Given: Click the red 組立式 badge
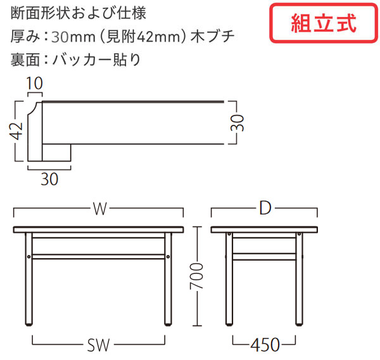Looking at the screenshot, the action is (x=324, y=23).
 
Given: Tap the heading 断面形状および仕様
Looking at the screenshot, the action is (x=79, y=13).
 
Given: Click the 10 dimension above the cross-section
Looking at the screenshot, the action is (x=35, y=84).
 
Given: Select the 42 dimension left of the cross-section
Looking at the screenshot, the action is (x=16, y=131).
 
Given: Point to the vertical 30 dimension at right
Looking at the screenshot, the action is (x=237, y=123).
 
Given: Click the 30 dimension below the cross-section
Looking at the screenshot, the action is (x=49, y=179).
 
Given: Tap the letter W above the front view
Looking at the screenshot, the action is (x=100, y=209).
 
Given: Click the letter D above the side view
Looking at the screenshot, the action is (x=265, y=208).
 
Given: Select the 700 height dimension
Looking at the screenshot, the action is (x=196, y=276).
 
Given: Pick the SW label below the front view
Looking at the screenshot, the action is (x=98, y=345).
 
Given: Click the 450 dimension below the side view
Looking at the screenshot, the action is (x=265, y=345).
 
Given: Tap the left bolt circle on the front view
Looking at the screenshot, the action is (x=29, y=256).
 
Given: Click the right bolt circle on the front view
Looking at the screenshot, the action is (x=168, y=256).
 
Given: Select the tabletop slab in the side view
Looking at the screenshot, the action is (x=264, y=230).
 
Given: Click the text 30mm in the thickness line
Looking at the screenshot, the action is (x=73, y=37).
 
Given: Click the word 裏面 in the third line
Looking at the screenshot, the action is (x=25, y=60).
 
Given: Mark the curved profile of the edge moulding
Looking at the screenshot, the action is (x=33, y=109).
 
